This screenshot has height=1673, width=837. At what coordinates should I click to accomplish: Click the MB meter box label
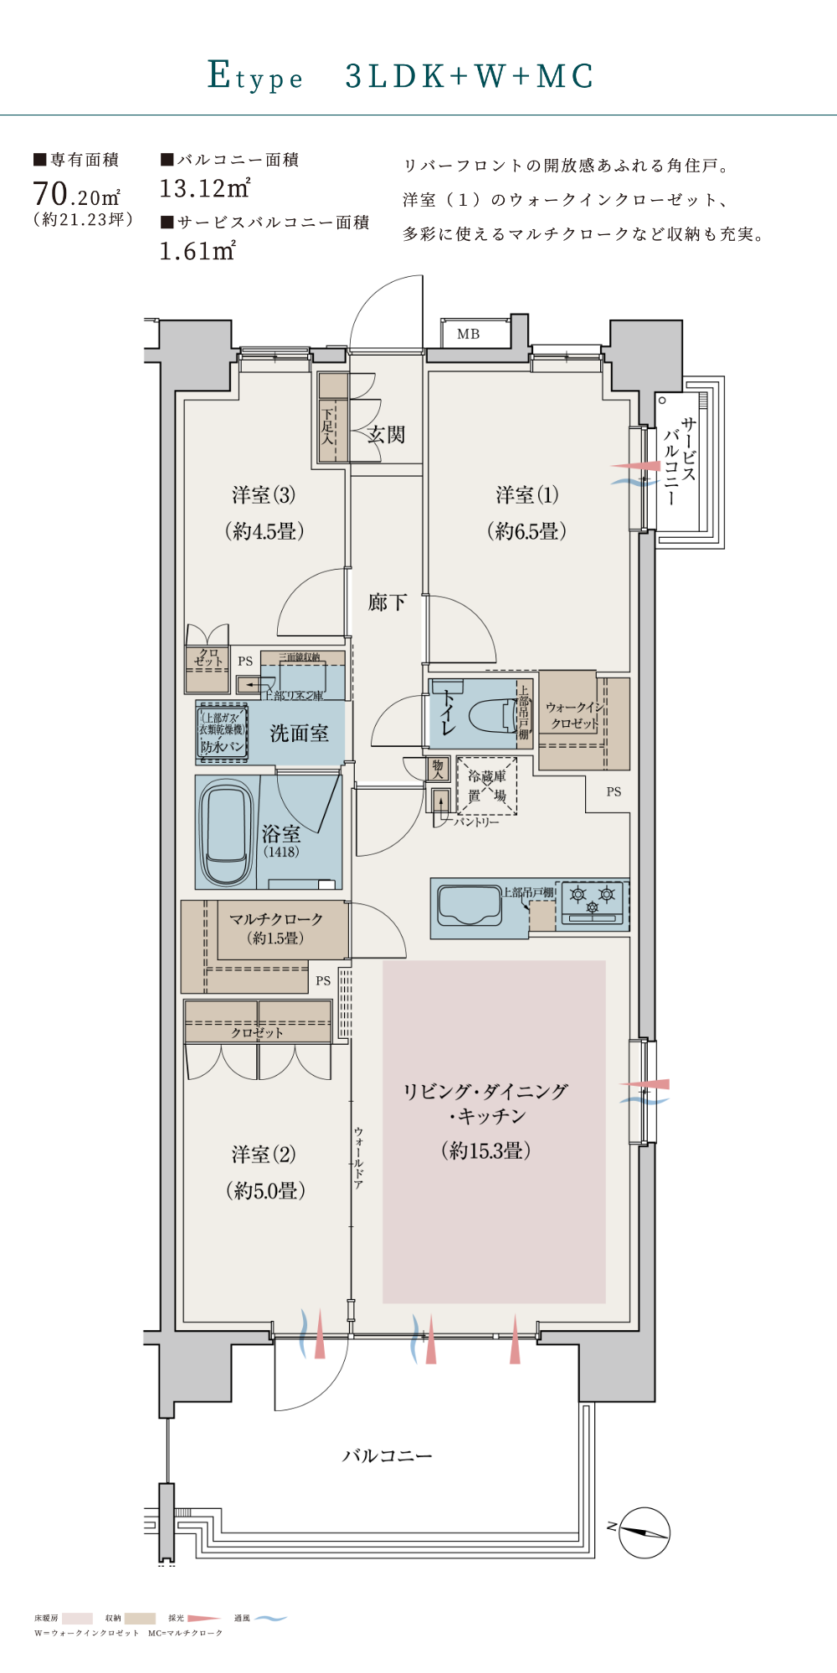tap(468, 334)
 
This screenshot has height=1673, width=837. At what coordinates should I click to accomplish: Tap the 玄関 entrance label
tap(386, 434)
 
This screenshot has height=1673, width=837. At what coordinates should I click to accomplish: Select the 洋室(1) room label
tap(526, 495)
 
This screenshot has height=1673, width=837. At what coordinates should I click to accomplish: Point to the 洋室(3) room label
tap(264, 495)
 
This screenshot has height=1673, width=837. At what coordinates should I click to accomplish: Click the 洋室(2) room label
tap(264, 1155)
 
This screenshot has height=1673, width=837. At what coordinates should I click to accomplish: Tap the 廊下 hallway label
tap(387, 602)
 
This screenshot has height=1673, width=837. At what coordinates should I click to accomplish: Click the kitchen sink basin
tap(470, 907)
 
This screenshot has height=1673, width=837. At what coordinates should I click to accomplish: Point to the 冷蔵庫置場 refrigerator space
tap(486, 785)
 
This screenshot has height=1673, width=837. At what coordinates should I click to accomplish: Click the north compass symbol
tap(644, 1532)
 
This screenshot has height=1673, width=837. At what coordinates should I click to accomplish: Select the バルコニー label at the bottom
tap(387, 1456)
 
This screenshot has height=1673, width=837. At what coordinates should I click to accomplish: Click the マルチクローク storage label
tap(276, 919)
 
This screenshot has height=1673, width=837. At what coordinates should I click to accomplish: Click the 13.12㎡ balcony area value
tap(205, 189)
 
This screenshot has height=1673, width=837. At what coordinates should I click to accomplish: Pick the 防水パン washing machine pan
tap(223, 746)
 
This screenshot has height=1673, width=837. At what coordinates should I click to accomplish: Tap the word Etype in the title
tap(255, 76)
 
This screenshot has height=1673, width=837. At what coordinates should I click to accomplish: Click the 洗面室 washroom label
tap(299, 734)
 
